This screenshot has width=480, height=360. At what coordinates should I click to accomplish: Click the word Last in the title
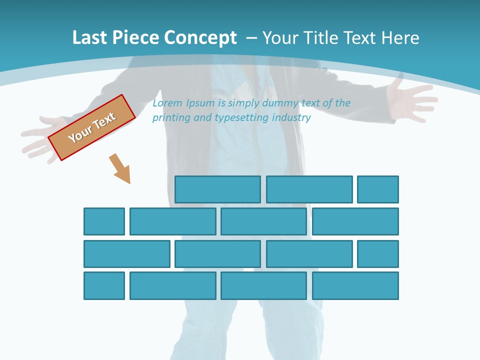pyautogui.click(x=90, y=38)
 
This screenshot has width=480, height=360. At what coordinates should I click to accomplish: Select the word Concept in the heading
pyautogui.click(x=201, y=38)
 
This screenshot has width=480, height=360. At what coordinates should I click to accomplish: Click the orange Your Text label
pyautogui.click(x=92, y=127)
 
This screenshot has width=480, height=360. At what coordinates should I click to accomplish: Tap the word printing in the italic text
pyautogui.click(x=171, y=118)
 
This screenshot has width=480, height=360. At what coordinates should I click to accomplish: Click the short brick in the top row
pyautogui.click(x=378, y=189)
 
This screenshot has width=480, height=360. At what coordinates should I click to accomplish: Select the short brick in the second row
pyautogui.click(x=104, y=221)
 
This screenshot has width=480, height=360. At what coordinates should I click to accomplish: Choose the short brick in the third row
pyautogui.click(x=378, y=254)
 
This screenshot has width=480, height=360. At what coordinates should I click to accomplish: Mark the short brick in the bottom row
pyautogui.click(x=104, y=286)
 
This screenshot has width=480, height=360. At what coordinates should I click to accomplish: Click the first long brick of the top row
pyautogui.click(x=217, y=189)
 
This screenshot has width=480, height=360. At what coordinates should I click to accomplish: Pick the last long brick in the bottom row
pyautogui.click(x=355, y=286)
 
